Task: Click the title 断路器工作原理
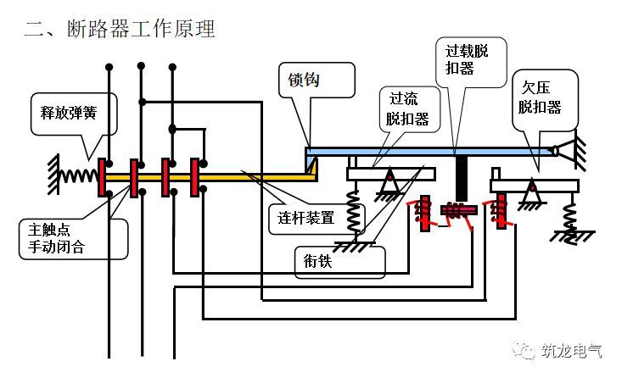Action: [x=141, y=29]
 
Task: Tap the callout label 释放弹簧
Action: [x=68, y=113]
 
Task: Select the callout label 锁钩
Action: [x=304, y=80]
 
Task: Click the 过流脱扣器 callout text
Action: [x=407, y=109]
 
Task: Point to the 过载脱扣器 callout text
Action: [x=467, y=59]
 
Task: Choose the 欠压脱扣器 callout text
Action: [x=540, y=97]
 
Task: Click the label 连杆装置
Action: [x=305, y=218]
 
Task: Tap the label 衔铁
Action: [x=317, y=261]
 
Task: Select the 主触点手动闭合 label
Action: [x=56, y=238]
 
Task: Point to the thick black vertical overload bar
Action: [x=461, y=178]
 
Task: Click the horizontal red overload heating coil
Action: [x=458, y=209]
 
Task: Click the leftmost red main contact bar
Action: [x=102, y=177]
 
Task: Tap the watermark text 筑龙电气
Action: [x=572, y=351]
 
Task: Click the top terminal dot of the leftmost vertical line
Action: [x=109, y=67]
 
